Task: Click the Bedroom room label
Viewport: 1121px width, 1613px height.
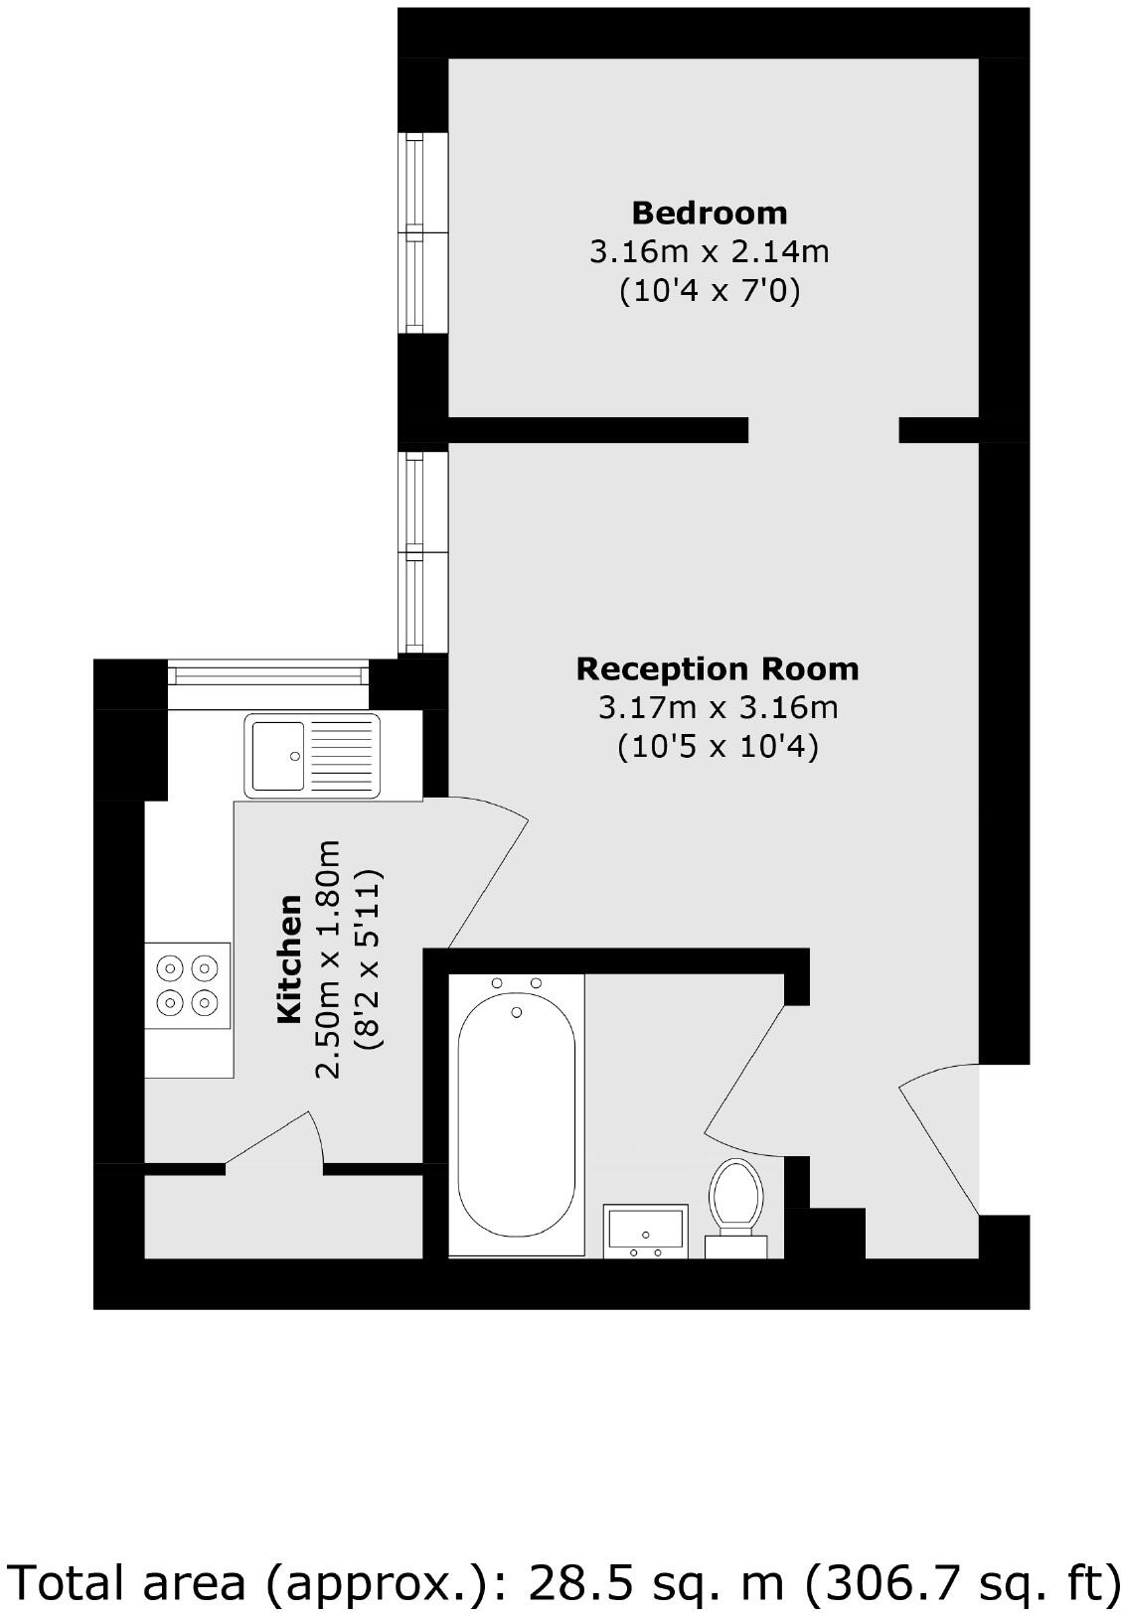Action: [x=709, y=213]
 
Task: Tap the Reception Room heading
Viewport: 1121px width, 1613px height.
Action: [x=717, y=668]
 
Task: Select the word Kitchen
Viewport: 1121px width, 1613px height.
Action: [x=289, y=958]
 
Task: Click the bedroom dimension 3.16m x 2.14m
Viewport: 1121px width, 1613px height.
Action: [x=709, y=251]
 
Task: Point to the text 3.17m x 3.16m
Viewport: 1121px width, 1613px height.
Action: [x=717, y=707]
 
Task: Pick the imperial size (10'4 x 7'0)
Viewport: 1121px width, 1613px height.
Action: [x=709, y=291]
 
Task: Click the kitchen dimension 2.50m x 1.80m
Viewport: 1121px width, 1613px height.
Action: [x=328, y=958]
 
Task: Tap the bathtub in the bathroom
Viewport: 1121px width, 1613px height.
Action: [x=516, y=1117]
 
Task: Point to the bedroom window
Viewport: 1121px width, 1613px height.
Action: [x=422, y=232]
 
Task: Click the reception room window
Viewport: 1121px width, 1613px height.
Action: [x=422, y=552]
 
